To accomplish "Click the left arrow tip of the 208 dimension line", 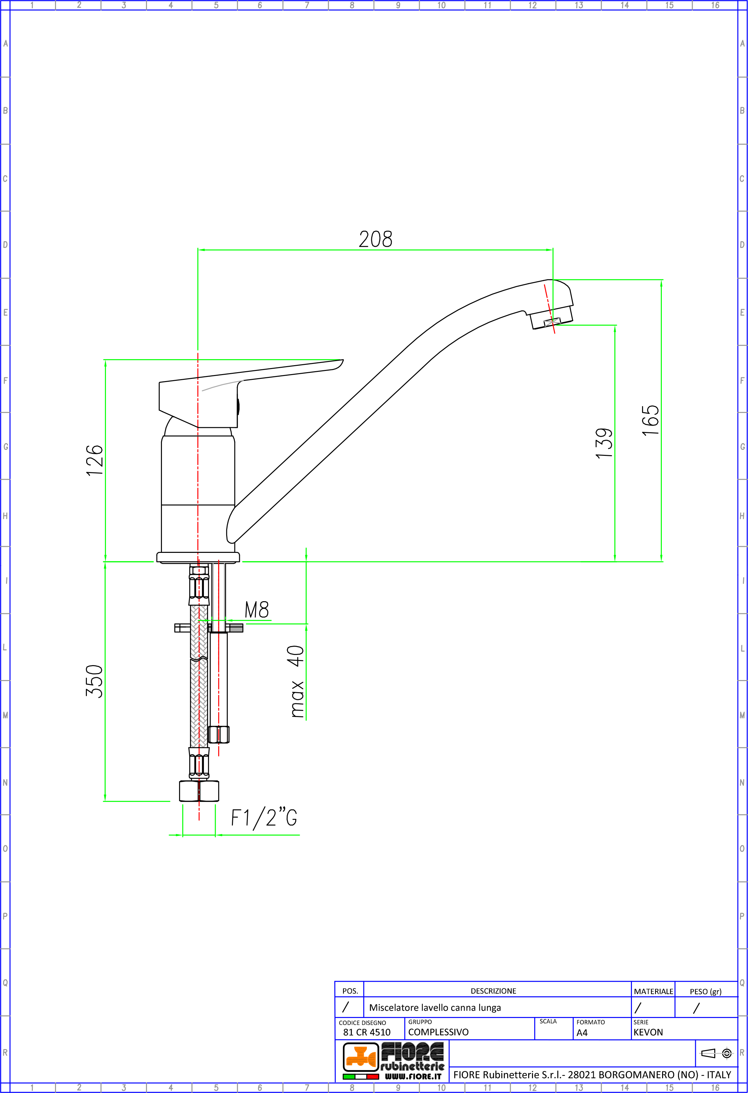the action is click(198, 250).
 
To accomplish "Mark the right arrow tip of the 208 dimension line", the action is click(553, 250).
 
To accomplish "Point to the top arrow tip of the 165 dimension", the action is click(661, 280).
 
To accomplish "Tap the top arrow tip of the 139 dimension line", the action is click(615, 325).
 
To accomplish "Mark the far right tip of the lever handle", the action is click(343, 360).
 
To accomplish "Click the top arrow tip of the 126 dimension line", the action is click(105, 360).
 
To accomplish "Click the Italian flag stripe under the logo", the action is click(361, 1076).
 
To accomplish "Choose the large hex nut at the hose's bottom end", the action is click(199, 791).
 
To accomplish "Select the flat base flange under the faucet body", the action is click(198, 557).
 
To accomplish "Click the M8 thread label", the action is click(257, 610).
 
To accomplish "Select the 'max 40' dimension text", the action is click(296, 681).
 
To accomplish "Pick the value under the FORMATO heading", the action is click(582, 1033).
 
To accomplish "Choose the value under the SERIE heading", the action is click(648, 1032).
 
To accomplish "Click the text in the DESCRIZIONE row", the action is click(435, 1007).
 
